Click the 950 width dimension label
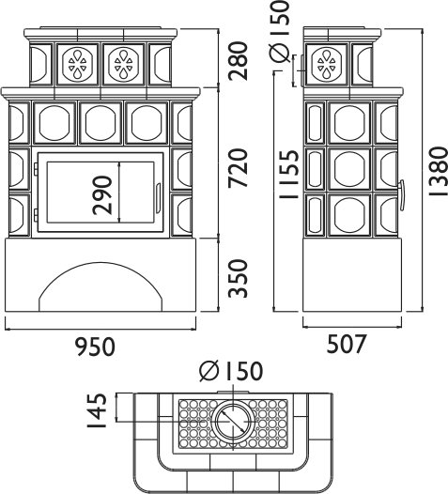(97, 347)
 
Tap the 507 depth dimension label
(347, 344)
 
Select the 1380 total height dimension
(438, 171)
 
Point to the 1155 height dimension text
(288, 174)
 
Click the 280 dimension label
(239, 61)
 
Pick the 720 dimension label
(239, 168)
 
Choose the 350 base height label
(239, 279)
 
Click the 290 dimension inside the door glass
(102, 195)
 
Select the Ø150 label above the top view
(231, 370)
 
